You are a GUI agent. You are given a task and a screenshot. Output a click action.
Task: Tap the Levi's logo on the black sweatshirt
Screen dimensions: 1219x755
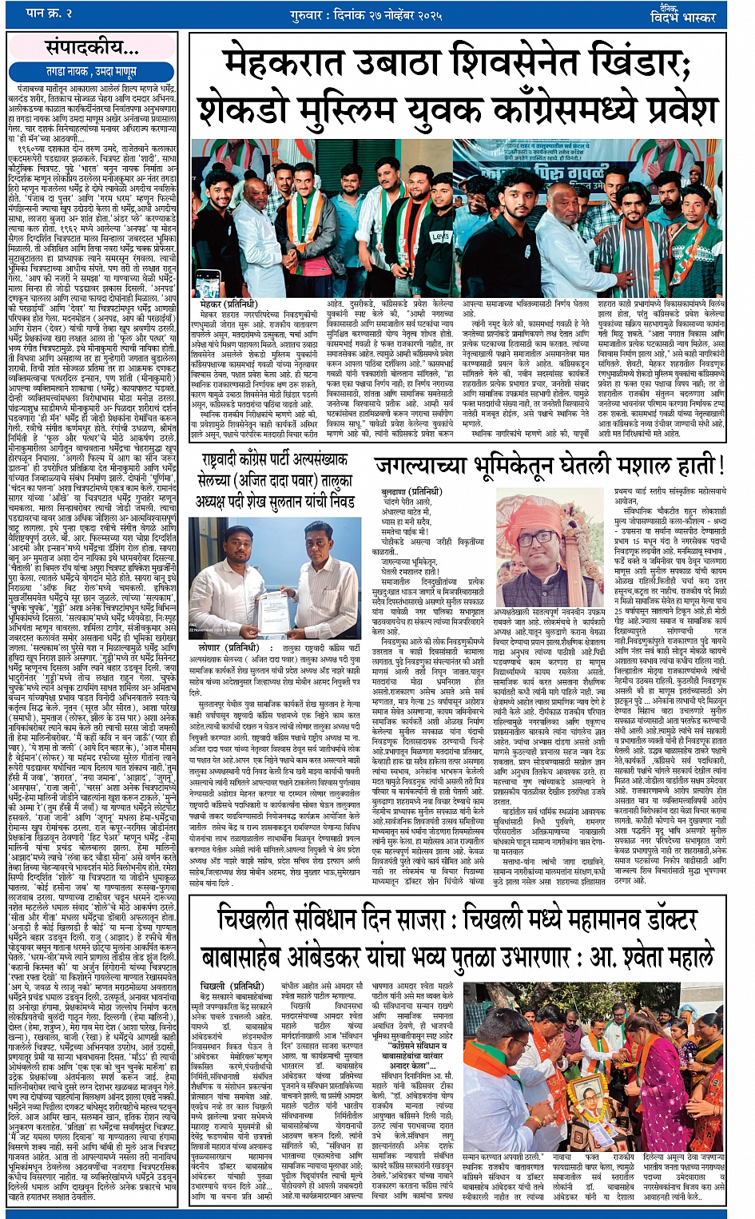click(440, 236)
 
